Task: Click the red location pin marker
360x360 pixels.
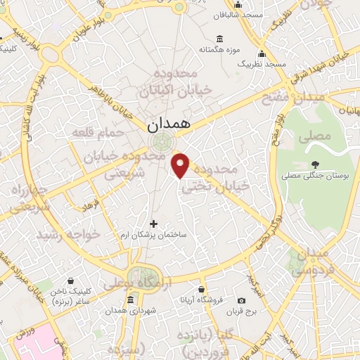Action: (181, 165)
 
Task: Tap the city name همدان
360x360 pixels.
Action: (169, 124)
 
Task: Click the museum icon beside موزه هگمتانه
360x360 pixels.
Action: (220, 39)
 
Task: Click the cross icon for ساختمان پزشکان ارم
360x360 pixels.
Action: (154, 224)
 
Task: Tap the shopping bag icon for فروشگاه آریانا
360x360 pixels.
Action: (202, 289)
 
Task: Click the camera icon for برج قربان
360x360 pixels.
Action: (241, 300)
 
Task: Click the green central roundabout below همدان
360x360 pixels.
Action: (161, 142)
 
